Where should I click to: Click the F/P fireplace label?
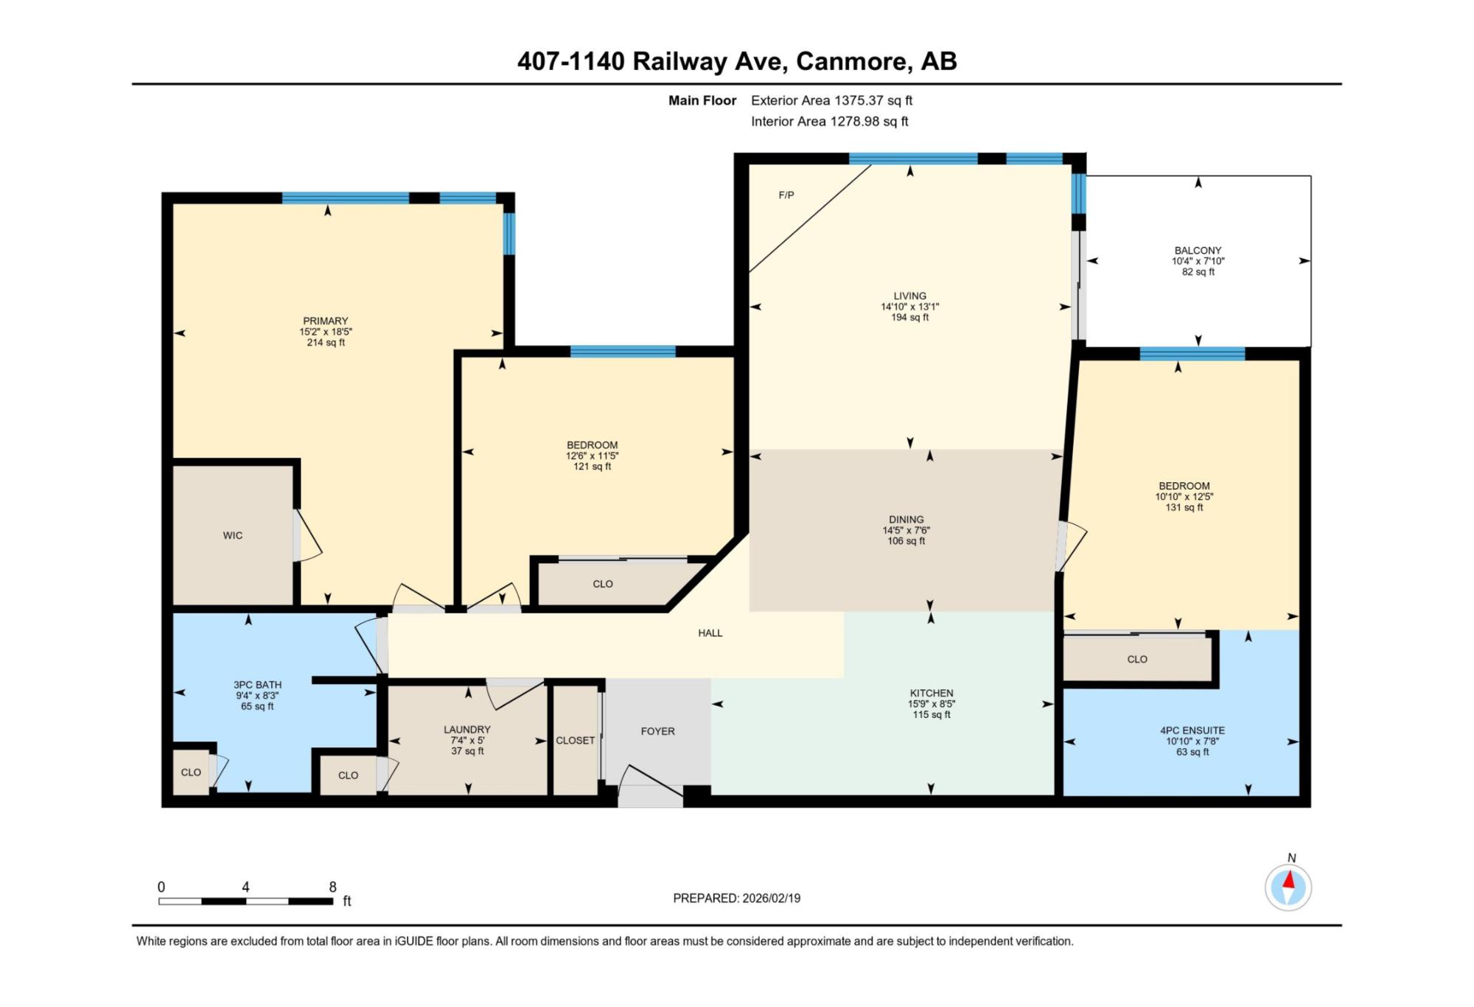coord(786,195)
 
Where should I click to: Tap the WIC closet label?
coord(233,536)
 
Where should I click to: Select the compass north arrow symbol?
coord(1288,887)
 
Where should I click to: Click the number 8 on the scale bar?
coord(333,887)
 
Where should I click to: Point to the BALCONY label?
coord(1198,251)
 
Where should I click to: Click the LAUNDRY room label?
coord(467,730)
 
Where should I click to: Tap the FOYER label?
coord(658,731)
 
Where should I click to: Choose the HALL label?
coord(710,633)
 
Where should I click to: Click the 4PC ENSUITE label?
coord(1192,731)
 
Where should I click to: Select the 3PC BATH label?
coord(258,685)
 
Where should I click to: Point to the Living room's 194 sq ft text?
coord(910,318)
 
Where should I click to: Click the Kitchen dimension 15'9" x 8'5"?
coord(932,704)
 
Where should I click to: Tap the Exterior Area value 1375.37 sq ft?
coord(873,100)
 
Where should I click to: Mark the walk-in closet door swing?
coord(309,536)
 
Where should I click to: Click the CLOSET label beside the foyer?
coord(576,741)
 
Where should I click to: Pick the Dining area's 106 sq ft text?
coord(907,541)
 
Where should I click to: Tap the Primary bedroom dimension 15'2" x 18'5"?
coord(326,332)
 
